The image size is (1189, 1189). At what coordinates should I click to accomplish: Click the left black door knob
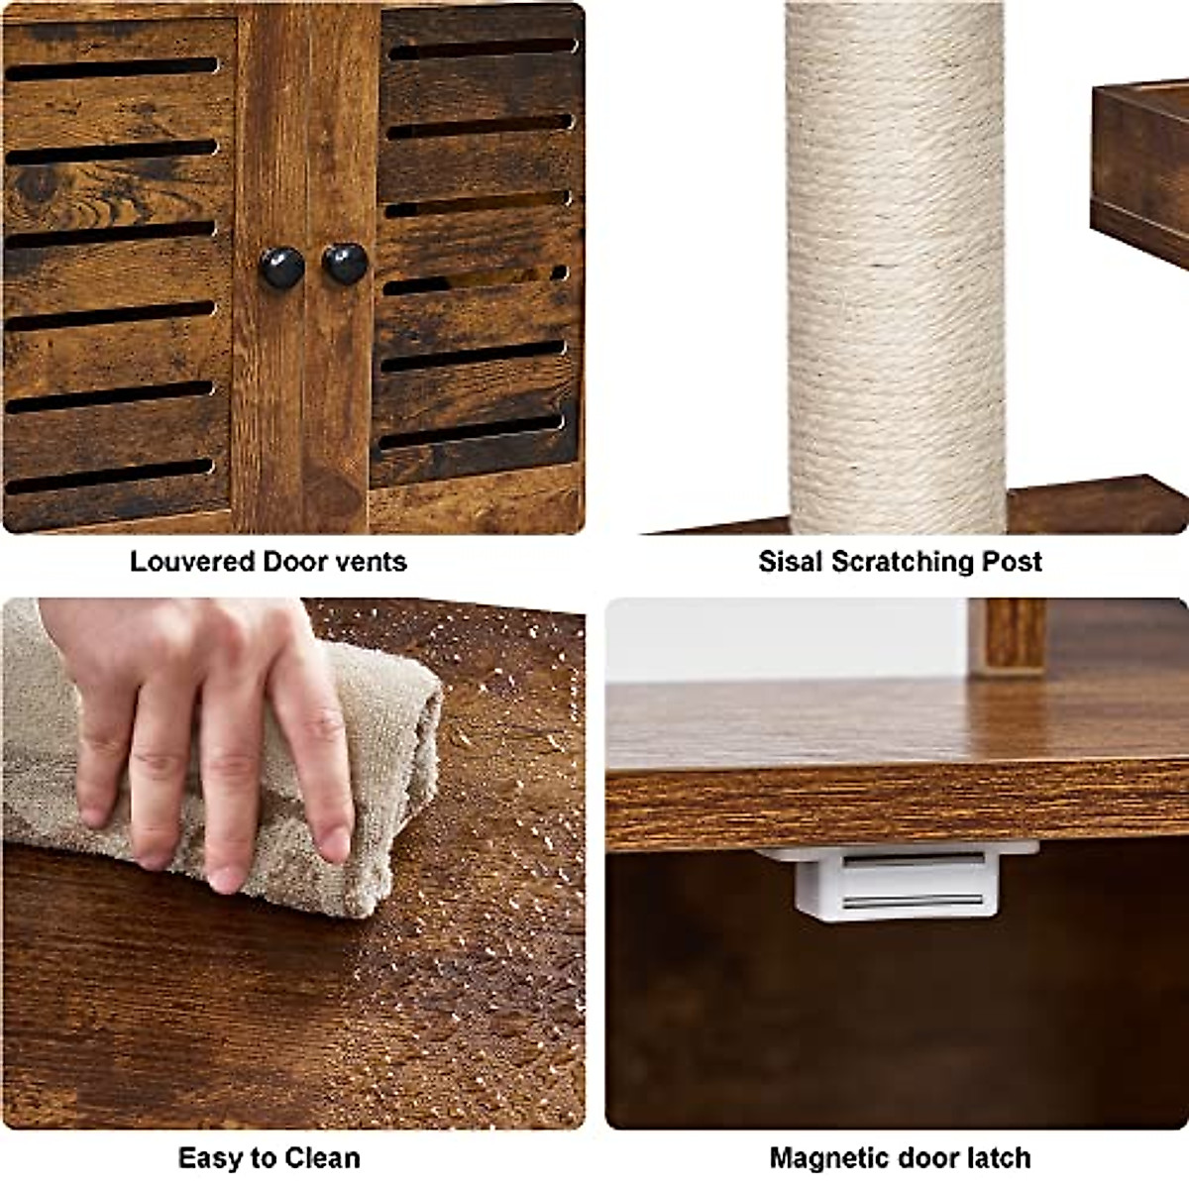coord(281,268)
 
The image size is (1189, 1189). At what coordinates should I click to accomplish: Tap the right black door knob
coord(345,264)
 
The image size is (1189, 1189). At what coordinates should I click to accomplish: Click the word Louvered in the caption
coord(192,562)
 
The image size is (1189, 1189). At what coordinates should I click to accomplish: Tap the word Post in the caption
coord(1013,562)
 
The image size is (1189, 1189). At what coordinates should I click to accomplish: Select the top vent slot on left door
coord(111,69)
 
